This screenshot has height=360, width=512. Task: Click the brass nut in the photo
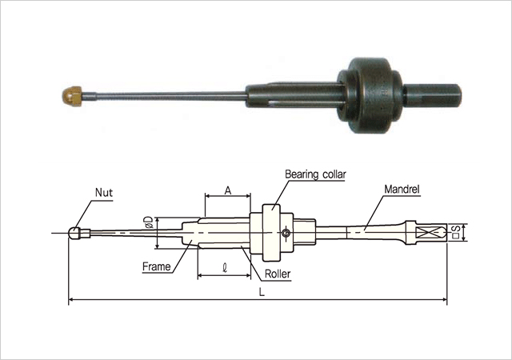tap(72, 96)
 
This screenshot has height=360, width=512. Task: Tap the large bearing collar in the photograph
tap(369, 95)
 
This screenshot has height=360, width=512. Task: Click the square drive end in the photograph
tap(432, 95)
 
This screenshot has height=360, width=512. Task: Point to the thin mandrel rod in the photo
tap(164, 96)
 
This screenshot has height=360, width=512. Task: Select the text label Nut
tap(104, 193)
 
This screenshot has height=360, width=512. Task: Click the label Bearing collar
tap(315, 174)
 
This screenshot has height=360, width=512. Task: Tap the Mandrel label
tap(402, 189)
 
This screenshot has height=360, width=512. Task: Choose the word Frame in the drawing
tap(157, 267)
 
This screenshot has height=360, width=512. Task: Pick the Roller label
tap(278, 274)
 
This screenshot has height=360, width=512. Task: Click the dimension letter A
tap(228, 190)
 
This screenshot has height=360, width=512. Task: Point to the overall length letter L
tap(262, 292)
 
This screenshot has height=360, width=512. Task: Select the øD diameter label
tap(150, 222)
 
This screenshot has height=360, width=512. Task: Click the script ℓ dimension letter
tap(225, 268)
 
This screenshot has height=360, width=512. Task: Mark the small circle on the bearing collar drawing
tap(286, 233)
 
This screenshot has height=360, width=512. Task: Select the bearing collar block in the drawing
tap(271, 233)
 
